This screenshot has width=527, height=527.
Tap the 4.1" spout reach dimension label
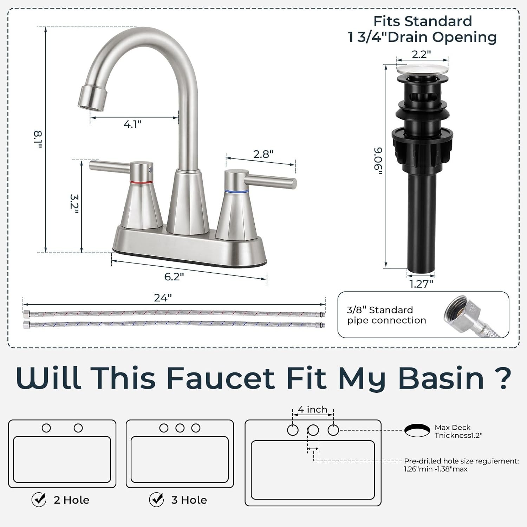pyautogui.click(x=132, y=124)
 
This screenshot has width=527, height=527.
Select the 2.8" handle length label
pyautogui.click(x=263, y=154)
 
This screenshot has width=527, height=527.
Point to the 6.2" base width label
pyautogui.click(x=174, y=276)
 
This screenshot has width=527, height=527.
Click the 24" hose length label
pyautogui.click(x=163, y=298)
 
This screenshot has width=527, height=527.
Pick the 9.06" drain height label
pyautogui.click(x=378, y=161)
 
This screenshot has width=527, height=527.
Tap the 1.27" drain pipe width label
pyautogui.click(x=421, y=284)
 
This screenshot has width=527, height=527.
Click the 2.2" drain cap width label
pyautogui.click(x=421, y=54)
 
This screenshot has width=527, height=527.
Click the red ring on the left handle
pyautogui.click(x=141, y=183)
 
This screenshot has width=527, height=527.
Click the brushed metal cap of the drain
pyautogui.click(x=423, y=69)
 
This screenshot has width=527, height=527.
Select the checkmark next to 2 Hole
pyautogui.click(x=39, y=499)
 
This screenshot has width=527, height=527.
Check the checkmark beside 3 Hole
pyautogui.click(x=156, y=499)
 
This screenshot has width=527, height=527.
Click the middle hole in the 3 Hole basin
pyautogui.click(x=180, y=428)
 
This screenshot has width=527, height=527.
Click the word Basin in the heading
pyautogui.click(x=441, y=378)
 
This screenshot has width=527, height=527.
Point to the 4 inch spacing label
pyautogui.click(x=312, y=410)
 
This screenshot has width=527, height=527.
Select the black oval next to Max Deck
pyautogui.click(x=417, y=430)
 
